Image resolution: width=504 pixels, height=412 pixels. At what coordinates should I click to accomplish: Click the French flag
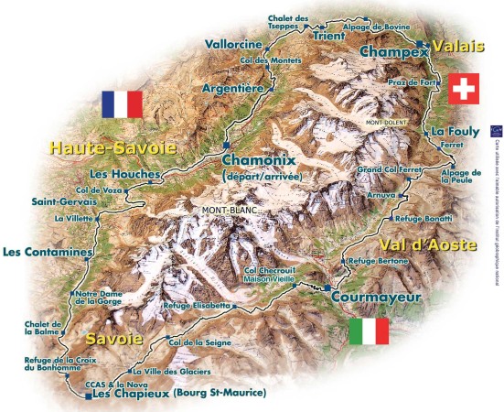pos(123,104)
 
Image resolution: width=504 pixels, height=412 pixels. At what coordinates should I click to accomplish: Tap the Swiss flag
pos(463,89)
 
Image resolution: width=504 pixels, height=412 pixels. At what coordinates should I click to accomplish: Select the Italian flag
pos(369,331)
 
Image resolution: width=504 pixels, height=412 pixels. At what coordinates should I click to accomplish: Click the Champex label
pos(394,53)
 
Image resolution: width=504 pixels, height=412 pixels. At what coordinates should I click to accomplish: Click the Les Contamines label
pos(48,252)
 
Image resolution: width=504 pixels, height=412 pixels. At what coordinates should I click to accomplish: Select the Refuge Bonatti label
pos(423,220)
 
